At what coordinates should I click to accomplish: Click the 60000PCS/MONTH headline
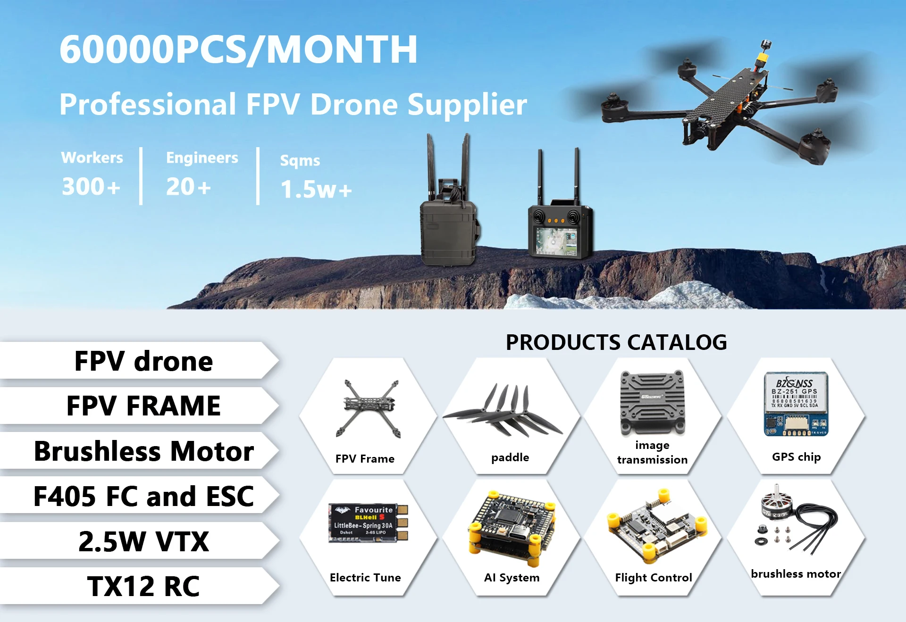(x=238, y=50)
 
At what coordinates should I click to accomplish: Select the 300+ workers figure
(x=91, y=187)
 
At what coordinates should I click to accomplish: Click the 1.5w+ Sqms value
(x=316, y=190)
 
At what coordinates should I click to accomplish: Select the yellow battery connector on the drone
(x=761, y=58)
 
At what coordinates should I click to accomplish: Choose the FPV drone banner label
(x=143, y=361)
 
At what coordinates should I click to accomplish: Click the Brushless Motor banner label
(x=143, y=451)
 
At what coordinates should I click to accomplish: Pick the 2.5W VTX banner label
(x=143, y=541)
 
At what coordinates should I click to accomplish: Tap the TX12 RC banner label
(x=143, y=586)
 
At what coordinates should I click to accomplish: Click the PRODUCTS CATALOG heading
(x=616, y=342)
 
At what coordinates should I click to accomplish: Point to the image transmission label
(x=652, y=452)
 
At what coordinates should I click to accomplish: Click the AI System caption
(x=512, y=578)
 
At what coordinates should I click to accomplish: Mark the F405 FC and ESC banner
(x=143, y=496)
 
